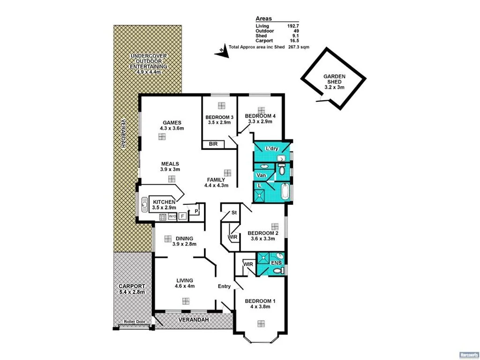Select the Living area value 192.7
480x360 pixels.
coord(293,26)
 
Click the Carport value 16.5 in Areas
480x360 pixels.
coord(294,41)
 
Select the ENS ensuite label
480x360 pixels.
coord(276,263)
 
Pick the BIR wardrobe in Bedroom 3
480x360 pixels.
coord(212,144)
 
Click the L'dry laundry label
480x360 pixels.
coord(272,149)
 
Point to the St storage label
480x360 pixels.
coord(233,213)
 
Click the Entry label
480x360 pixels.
coord(224,286)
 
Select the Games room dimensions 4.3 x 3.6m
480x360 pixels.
coord(172,128)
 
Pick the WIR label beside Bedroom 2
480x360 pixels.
coord(232,237)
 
